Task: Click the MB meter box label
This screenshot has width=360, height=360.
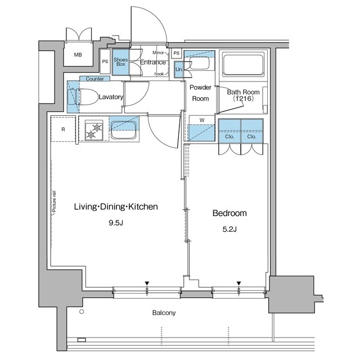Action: (x=78, y=55)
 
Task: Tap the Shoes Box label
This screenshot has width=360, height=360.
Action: (x=120, y=62)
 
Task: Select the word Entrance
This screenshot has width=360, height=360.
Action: (x=153, y=62)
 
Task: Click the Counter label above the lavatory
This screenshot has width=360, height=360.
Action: (x=95, y=79)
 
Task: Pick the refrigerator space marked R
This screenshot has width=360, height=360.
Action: (x=63, y=129)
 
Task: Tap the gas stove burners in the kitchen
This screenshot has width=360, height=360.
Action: (x=94, y=130)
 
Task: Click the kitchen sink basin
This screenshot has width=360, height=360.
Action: (x=124, y=130)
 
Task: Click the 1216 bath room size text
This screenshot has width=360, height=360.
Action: (x=244, y=99)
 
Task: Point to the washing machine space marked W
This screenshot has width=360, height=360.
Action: (x=202, y=128)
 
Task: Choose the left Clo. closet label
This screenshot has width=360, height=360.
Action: (x=229, y=137)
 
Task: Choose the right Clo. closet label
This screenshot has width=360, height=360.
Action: (x=251, y=137)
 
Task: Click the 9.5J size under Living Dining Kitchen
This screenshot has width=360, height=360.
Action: (x=116, y=223)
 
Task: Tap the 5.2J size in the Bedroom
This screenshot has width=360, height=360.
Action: (x=229, y=229)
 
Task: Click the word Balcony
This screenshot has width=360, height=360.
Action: (x=164, y=313)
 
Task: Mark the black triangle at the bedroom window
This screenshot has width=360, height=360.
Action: (x=239, y=283)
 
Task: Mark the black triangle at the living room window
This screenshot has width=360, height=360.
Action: (x=147, y=283)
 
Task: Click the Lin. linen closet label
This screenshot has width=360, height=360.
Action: (x=179, y=69)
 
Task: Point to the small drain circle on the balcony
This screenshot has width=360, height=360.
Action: (x=82, y=312)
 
